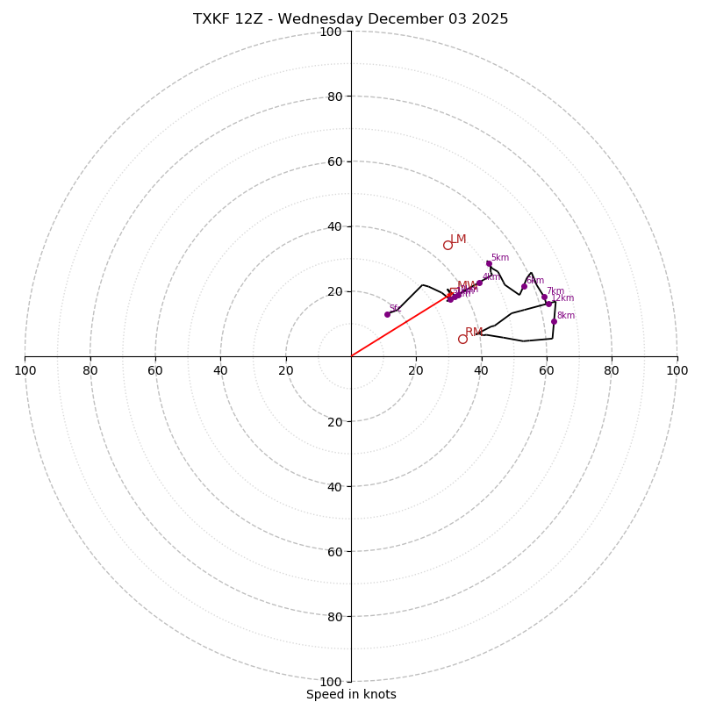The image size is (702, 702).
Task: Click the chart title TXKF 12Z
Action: coord(351,19)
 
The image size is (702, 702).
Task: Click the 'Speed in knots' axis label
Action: coord(351,694)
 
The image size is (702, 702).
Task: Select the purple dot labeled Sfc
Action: coord(387,314)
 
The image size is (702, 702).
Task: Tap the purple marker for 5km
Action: coord(489,263)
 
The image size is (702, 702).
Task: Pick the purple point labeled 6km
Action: coord(524,286)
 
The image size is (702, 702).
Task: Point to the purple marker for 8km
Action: coord(554,321)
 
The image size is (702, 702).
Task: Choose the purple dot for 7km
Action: coord(544,297)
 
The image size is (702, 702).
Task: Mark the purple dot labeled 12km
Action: coord(548,304)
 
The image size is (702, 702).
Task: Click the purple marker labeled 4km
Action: coord(479,283)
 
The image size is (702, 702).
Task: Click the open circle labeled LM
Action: coord(448,245)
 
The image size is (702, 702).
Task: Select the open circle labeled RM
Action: coord(462,339)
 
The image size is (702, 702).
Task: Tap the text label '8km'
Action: coord(566,316)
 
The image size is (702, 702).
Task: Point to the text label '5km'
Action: coord(500,258)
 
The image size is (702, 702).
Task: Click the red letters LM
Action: coord(458,240)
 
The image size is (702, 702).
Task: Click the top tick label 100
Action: coord(331,32)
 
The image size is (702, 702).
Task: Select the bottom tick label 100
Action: coord(331,682)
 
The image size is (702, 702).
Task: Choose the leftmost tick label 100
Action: coord(25,370)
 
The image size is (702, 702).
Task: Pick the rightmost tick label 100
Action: coord(677,370)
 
